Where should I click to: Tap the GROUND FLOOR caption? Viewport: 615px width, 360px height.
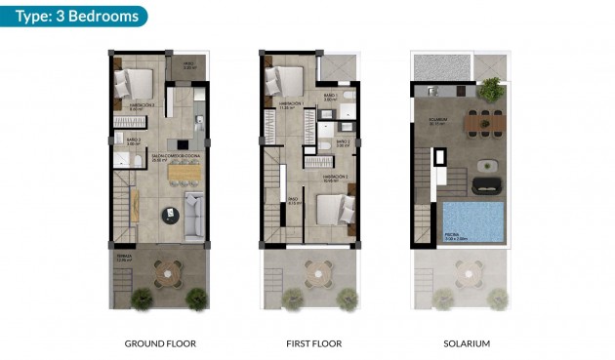coord(160,343)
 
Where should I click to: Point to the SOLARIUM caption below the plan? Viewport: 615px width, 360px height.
coord(460,343)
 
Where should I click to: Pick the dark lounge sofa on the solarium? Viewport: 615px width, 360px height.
coord(484,184)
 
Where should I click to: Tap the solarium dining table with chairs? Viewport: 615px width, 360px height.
coord(485,124)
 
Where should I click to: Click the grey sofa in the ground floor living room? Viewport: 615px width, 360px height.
coord(194,215)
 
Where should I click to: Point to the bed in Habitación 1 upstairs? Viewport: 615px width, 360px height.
coord(288,79)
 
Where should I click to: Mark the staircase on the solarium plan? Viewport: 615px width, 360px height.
coord(424,220)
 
